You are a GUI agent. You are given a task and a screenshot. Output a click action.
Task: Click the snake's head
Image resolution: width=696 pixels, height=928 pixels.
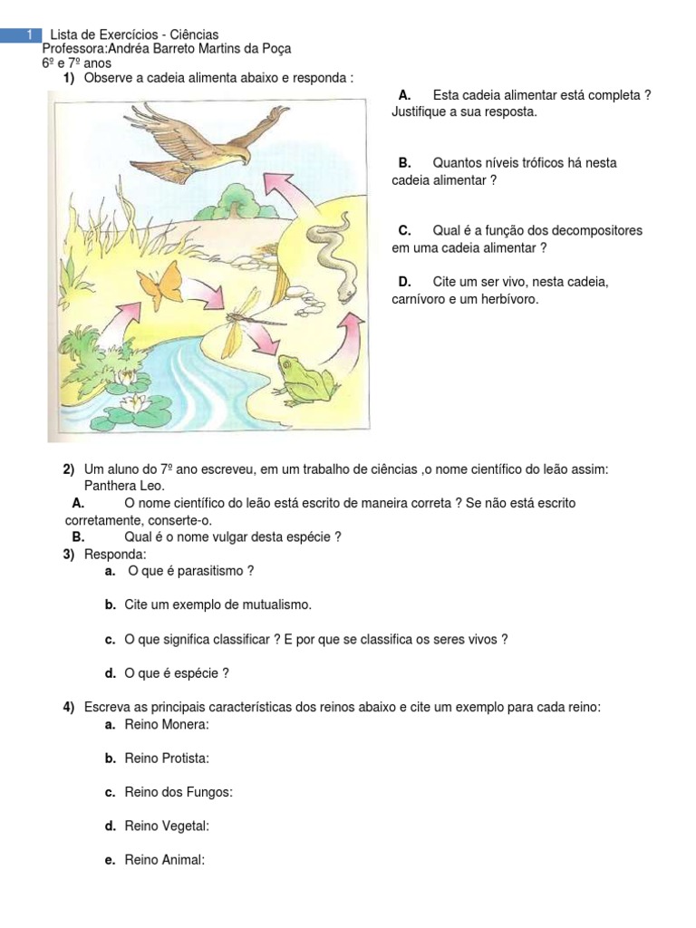346,291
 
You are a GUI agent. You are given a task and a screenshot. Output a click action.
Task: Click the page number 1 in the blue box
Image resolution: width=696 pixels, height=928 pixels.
30,34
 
